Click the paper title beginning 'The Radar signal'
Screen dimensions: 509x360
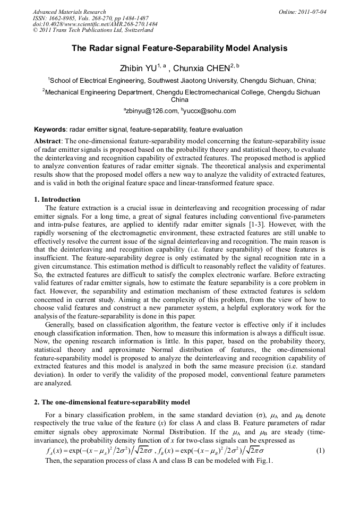click(x=179, y=48)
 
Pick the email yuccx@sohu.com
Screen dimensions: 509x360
click(x=211, y=111)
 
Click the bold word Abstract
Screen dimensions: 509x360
click(x=48, y=141)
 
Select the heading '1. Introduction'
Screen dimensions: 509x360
click(x=57, y=200)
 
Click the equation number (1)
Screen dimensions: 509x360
click(x=320, y=451)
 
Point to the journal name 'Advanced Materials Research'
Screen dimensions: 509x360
click(x=70, y=12)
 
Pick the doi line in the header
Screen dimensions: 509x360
click(x=95, y=24)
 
